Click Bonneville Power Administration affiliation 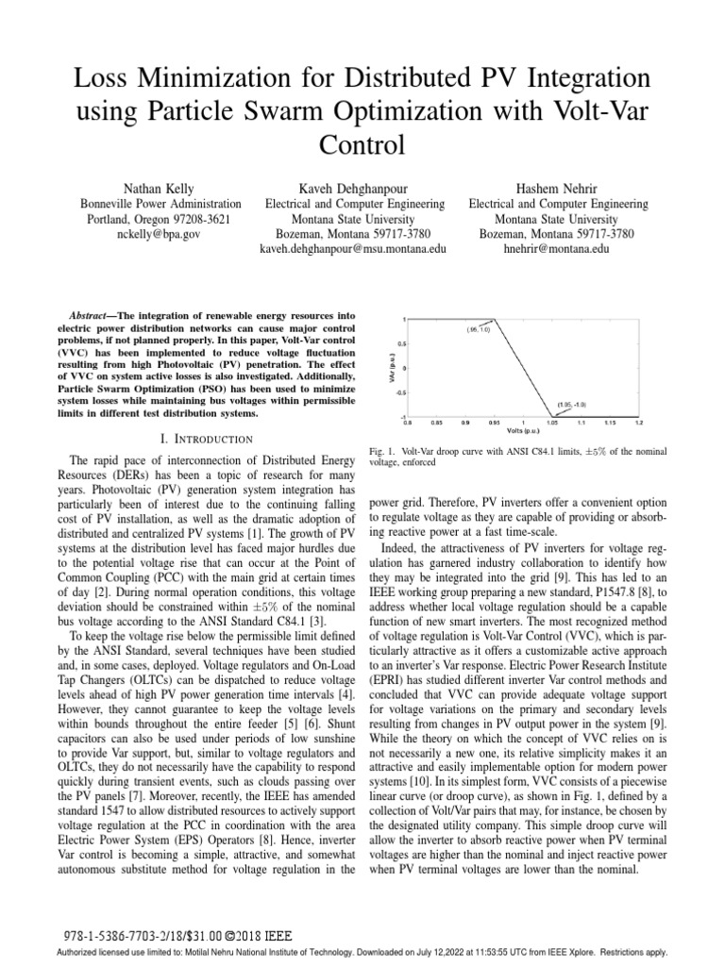(x=159, y=203)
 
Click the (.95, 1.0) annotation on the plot (x=478, y=330)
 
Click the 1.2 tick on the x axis (x=639, y=424)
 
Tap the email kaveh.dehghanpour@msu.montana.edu (x=354, y=249)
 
